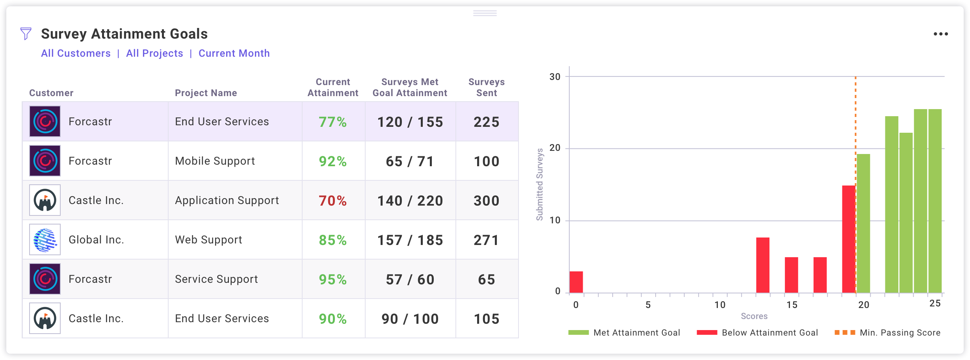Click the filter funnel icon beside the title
coord(26,34)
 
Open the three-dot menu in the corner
coord(940,34)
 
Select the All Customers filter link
coord(76,53)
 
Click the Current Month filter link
coord(234,53)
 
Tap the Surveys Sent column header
coord(487,87)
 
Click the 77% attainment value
coord(333,122)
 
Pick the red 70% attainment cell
coord(333,201)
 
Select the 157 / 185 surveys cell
coord(410,240)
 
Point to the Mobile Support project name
coord(215,161)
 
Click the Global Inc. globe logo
coord(45,240)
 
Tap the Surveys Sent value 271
coord(487,240)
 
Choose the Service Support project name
coord(216,279)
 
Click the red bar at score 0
coord(576,282)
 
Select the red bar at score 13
coord(763,265)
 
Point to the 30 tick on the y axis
coord(555,77)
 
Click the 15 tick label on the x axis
coord(792,305)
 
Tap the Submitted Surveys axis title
coord(540,184)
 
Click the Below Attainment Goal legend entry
coord(757,333)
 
